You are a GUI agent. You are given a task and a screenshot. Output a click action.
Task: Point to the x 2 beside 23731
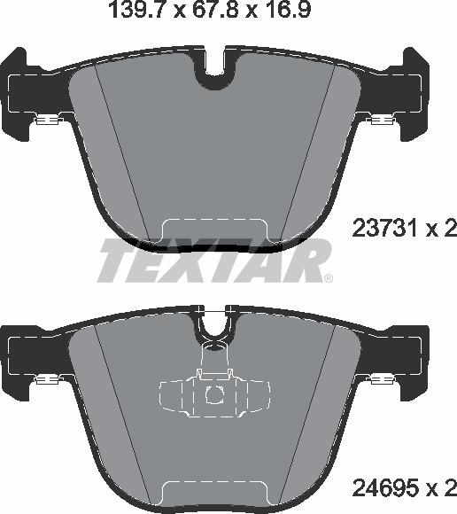pos(442,230)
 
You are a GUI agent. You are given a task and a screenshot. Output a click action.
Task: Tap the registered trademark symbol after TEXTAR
pos(329,278)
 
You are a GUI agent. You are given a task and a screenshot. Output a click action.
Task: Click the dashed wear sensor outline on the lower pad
pos(213,391)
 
